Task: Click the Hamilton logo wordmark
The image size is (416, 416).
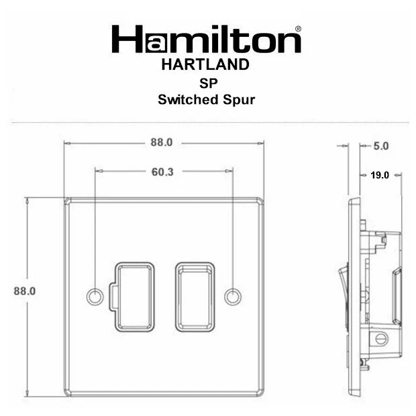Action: (x=206, y=40)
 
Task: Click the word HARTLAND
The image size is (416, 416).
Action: (x=206, y=65)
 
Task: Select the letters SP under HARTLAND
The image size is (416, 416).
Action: (x=206, y=83)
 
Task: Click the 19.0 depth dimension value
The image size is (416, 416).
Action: (x=380, y=175)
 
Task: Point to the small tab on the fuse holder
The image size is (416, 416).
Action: (x=113, y=296)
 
